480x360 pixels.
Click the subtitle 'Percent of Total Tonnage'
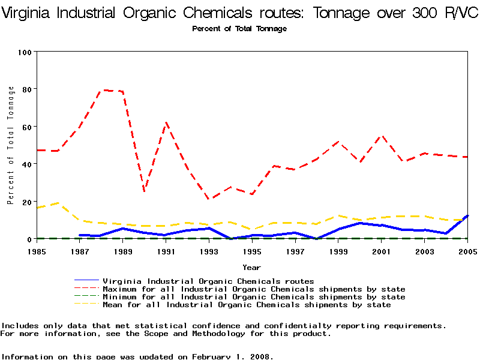(x=239, y=29)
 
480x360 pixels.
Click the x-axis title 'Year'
(x=251, y=267)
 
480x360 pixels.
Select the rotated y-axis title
(x=11, y=145)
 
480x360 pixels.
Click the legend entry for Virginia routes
(x=208, y=281)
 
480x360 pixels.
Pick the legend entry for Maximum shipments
(x=254, y=289)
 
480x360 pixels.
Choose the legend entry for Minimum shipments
(x=254, y=297)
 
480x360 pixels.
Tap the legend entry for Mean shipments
(x=247, y=305)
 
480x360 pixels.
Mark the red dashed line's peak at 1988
(x=101, y=90)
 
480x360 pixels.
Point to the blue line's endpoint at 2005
(x=467, y=215)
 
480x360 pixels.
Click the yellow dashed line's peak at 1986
(x=58, y=203)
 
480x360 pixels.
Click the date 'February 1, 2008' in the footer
(x=232, y=356)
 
